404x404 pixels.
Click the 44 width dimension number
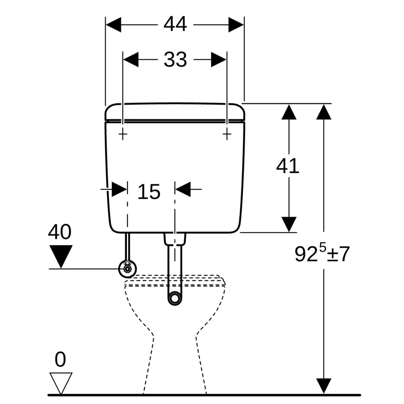tap(175, 25)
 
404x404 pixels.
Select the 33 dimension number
tap(175, 59)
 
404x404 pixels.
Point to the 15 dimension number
tap(149, 192)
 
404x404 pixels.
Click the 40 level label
tap(59, 232)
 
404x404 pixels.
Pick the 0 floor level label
tap(60, 360)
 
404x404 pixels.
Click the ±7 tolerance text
tap(339, 254)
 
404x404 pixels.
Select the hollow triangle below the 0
tap(61, 383)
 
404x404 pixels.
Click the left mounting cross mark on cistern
tap(123, 134)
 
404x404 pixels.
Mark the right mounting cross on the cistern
tap(227, 134)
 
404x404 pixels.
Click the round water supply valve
tap(128, 269)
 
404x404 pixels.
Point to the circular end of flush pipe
tap(174, 298)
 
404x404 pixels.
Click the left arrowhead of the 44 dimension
tap(114, 25)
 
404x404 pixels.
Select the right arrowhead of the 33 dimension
tap(218, 59)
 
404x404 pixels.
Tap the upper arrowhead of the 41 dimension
tap(289, 112)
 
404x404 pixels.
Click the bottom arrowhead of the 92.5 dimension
tap(324, 386)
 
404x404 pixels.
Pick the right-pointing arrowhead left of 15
tap(119, 189)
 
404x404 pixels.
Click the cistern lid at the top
tap(175, 111)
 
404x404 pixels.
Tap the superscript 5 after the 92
tap(322, 248)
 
